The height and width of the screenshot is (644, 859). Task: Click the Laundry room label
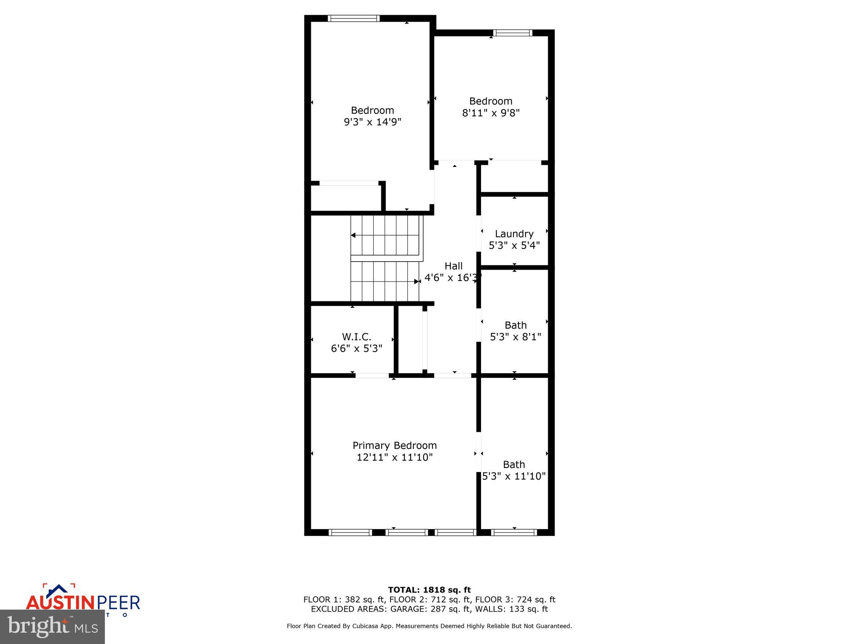(x=514, y=234)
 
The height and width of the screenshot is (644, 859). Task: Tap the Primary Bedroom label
(x=394, y=445)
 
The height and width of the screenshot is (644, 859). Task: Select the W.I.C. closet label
(x=357, y=337)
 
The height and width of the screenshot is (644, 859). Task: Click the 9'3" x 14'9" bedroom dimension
(x=372, y=122)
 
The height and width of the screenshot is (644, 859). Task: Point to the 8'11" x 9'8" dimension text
(x=491, y=113)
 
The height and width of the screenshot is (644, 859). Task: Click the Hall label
(x=453, y=266)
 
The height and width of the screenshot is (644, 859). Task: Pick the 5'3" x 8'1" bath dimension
(x=515, y=337)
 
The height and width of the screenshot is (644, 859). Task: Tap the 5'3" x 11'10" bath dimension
(x=514, y=476)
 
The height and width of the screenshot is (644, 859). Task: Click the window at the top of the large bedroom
(x=354, y=18)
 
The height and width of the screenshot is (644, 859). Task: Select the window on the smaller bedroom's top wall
(x=513, y=33)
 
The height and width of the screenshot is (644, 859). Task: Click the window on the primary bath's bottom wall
(x=514, y=532)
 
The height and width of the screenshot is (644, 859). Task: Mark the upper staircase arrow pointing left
(x=354, y=235)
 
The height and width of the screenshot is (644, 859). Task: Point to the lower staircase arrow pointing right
(x=416, y=281)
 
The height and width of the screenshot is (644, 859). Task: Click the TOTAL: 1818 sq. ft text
(x=429, y=590)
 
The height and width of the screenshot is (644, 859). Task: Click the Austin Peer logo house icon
(x=59, y=590)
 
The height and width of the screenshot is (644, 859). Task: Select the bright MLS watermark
(x=52, y=626)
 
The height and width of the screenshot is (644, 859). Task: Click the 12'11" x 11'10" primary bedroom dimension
(x=394, y=457)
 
